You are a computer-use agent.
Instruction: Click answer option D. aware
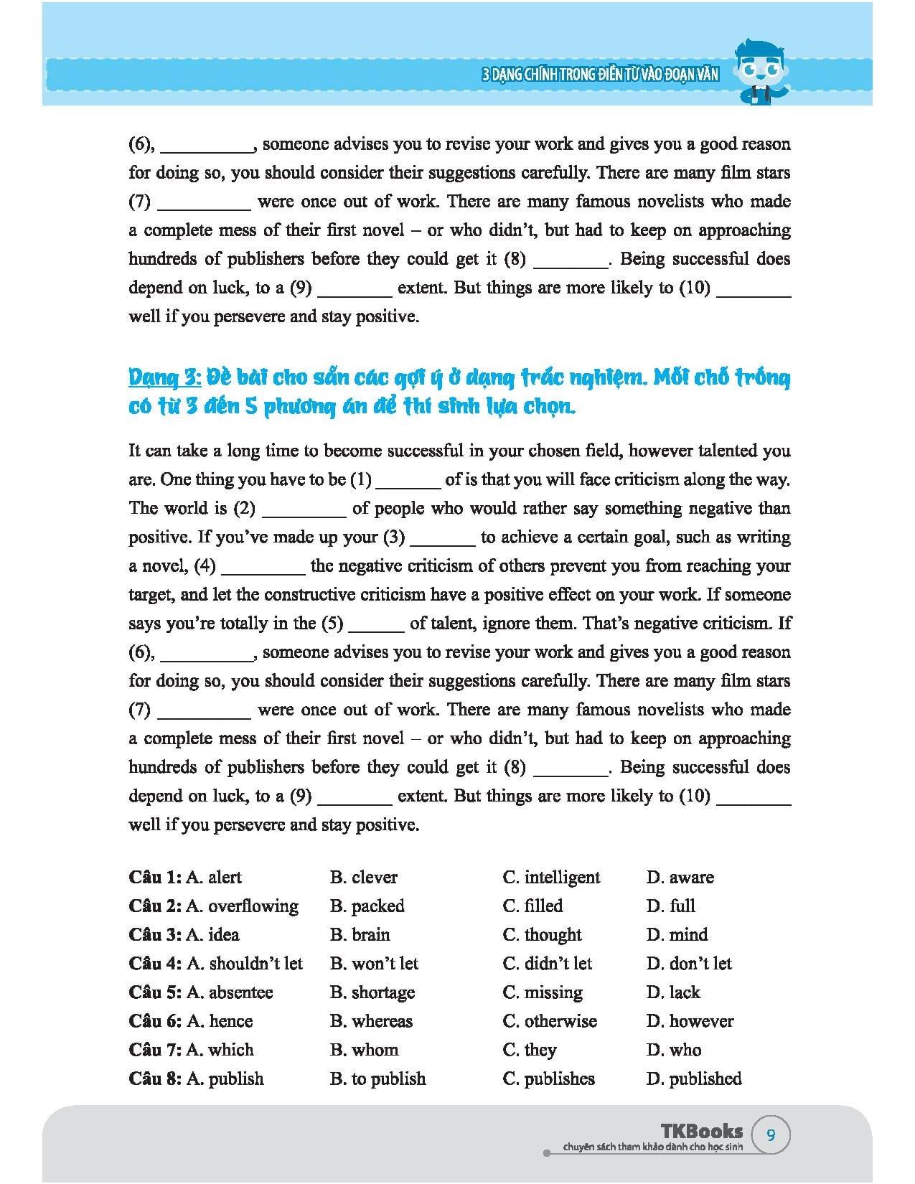[680, 878]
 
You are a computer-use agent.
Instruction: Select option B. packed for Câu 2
[367, 906]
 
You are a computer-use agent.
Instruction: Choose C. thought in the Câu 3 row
[542, 935]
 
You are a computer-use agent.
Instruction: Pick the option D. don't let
[689, 964]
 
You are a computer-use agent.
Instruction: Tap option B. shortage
[372, 992]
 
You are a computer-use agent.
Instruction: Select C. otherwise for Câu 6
[550, 1021]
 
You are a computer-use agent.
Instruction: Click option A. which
[220, 1050]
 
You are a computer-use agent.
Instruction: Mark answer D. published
[693, 1079]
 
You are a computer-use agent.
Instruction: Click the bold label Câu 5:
[155, 992]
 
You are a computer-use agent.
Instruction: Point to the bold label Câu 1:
[155, 878]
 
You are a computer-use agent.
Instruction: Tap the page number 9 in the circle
[771, 1135]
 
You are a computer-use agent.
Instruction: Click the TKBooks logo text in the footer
[702, 1132]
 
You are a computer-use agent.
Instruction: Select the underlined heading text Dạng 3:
[164, 377]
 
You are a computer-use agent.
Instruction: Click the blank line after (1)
[408, 481]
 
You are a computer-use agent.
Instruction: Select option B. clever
[363, 878]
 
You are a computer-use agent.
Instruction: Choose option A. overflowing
[242, 906]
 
